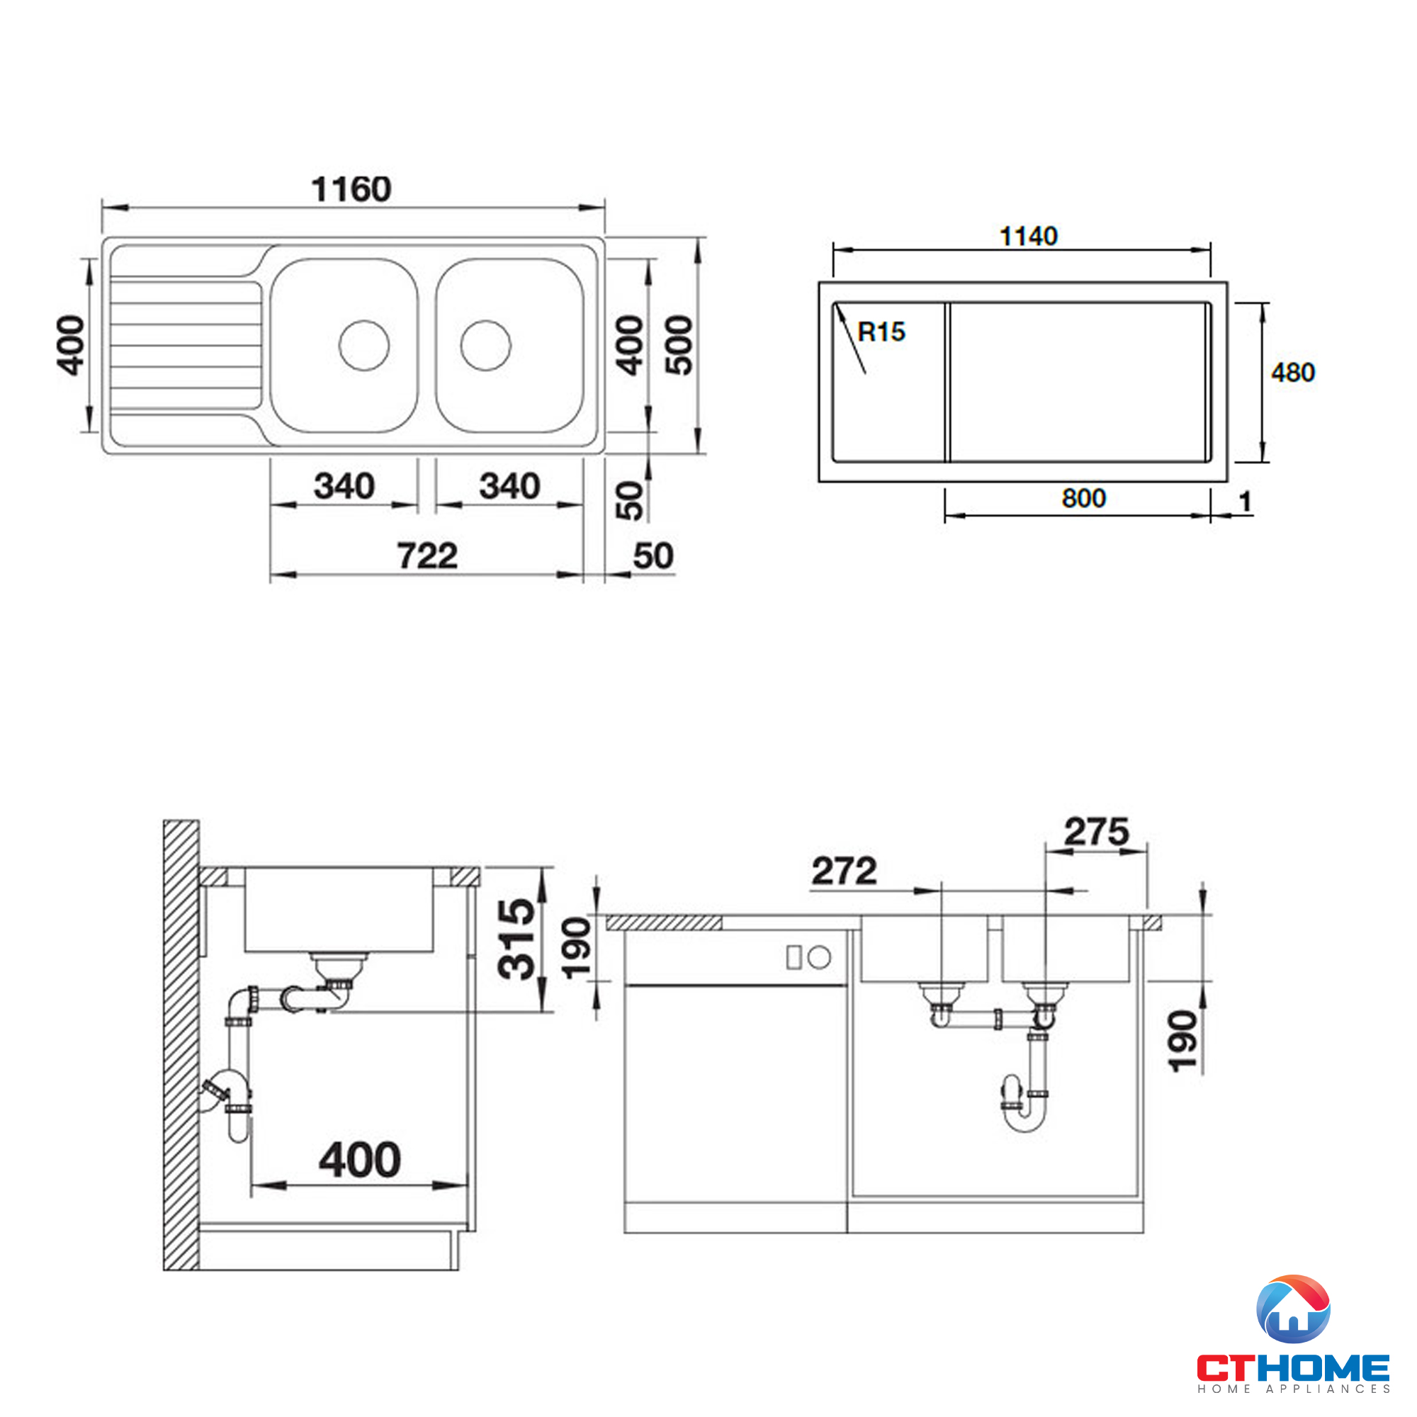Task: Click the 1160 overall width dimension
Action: coord(351,189)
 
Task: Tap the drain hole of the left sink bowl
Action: coord(364,345)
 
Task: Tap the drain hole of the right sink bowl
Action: coord(485,345)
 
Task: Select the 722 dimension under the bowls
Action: coord(428,555)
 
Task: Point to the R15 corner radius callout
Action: coord(881,332)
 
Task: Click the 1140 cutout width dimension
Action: coord(1028,236)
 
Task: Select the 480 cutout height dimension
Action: coord(1293,373)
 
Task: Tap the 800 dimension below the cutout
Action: coord(1083,499)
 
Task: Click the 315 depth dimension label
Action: coord(516,939)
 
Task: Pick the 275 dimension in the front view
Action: coord(1096,832)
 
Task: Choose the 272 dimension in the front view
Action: coord(845,871)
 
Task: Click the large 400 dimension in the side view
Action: coord(359,1161)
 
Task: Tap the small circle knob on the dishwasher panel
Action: coord(819,957)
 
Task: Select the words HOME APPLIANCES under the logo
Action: coord(1293,1389)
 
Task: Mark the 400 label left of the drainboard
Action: coord(71,346)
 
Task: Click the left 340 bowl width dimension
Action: coord(344,486)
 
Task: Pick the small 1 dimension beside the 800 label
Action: coord(1245,502)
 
